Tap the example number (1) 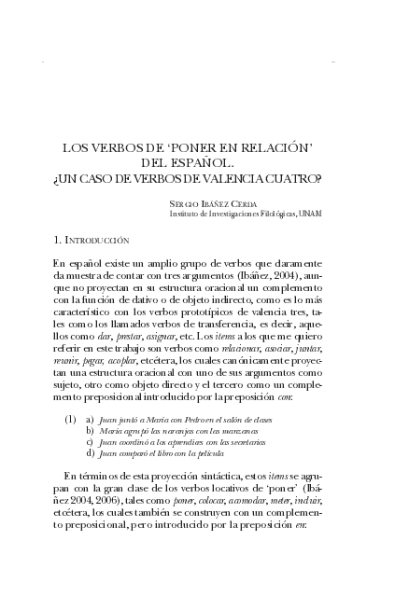70,420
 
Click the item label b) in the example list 91,431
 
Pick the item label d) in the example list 91,452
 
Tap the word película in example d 207,453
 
